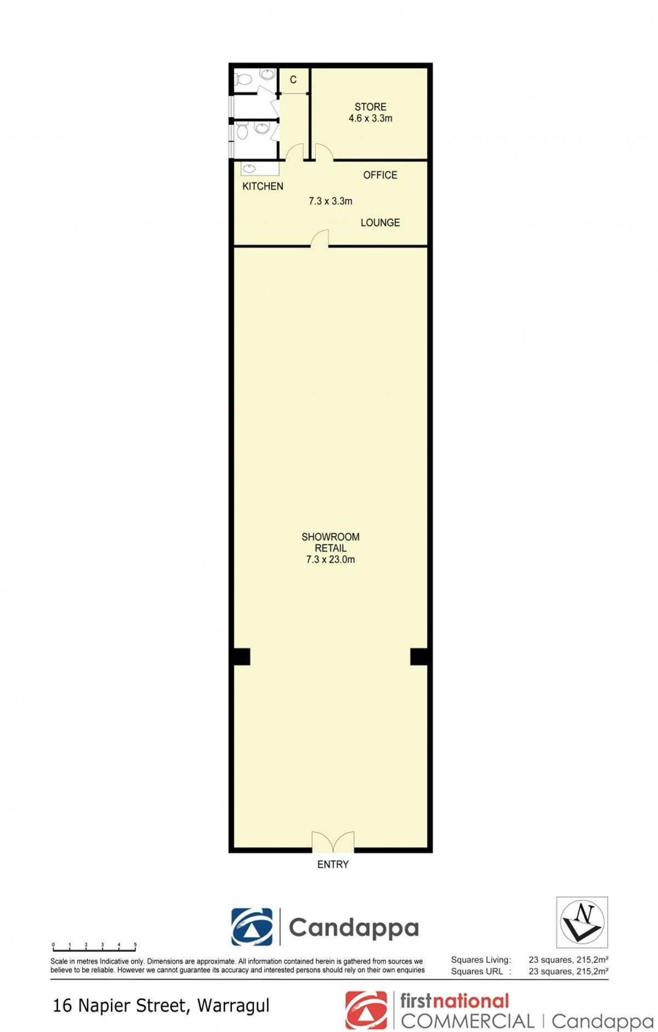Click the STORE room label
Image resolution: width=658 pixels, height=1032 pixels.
coord(370,107)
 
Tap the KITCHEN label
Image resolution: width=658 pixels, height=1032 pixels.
coord(263,187)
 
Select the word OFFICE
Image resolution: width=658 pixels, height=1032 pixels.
coord(380,175)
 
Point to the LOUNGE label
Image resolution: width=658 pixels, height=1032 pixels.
coord(380,223)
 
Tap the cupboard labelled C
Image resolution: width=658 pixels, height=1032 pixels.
coord(293,80)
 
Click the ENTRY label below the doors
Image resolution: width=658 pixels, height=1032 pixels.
coord(333,865)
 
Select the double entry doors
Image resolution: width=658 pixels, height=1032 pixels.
coord(333,842)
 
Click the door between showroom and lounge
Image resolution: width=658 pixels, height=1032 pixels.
coord(320,239)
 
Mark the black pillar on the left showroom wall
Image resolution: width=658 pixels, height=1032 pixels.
coord(242,657)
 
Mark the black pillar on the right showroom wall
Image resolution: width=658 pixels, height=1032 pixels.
coord(419,657)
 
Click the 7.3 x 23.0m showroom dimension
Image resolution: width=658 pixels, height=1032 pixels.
coord(331,560)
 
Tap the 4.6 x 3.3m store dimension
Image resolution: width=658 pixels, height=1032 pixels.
coord(370,119)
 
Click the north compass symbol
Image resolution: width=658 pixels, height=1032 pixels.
coord(582,922)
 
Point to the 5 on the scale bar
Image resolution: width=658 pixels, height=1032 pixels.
coord(135,944)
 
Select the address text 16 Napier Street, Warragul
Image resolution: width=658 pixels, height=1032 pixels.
coord(161,1006)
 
